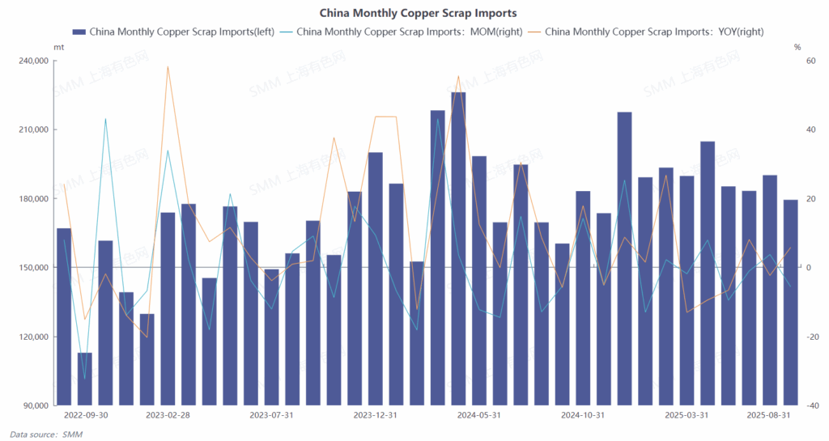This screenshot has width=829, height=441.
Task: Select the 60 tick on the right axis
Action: click(807, 61)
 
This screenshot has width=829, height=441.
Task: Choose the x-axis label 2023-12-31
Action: click(375, 415)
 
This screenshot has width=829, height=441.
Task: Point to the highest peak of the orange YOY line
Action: click(168, 66)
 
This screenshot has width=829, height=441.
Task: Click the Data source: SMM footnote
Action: click(46, 435)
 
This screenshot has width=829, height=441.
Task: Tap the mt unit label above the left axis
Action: click(58, 48)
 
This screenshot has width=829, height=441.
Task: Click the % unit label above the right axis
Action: click(797, 48)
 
